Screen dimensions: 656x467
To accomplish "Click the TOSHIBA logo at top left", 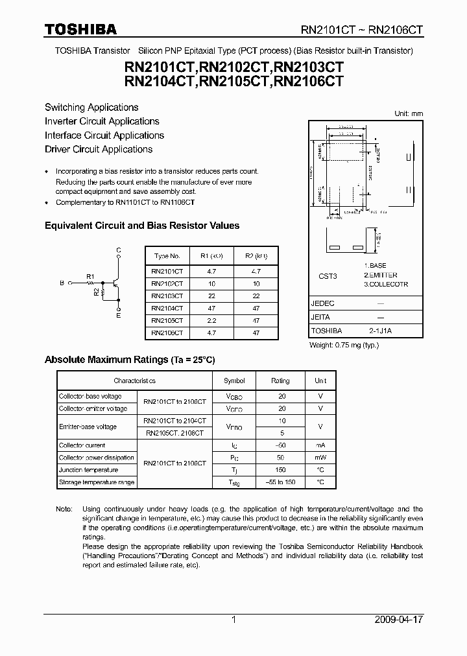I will (80, 29).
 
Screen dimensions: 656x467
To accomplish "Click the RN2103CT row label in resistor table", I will (167, 296).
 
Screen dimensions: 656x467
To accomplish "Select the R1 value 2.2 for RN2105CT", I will (211, 320).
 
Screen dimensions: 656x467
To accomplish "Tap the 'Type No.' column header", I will (167, 256).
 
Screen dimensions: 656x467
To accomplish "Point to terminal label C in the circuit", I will (118, 250).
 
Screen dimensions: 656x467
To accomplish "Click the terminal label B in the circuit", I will (62, 283).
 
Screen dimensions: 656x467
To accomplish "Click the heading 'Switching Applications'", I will (91, 108).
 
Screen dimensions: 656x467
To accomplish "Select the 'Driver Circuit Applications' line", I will (99, 149).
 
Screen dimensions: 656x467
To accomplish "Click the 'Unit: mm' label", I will (409, 113).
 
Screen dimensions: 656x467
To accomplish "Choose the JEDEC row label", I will (323, 303).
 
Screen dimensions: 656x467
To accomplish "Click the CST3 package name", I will (328, 275).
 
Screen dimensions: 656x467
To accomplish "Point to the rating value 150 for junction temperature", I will (280, 470).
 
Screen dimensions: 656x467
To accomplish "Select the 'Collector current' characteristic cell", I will (82, 445).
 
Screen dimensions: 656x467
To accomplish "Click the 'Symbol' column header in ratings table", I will (234, 381).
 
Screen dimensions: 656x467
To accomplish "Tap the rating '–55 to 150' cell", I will (280, 482).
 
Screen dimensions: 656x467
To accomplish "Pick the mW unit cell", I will (320, 458).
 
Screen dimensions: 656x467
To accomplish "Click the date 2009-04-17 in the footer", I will (399, 620).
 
